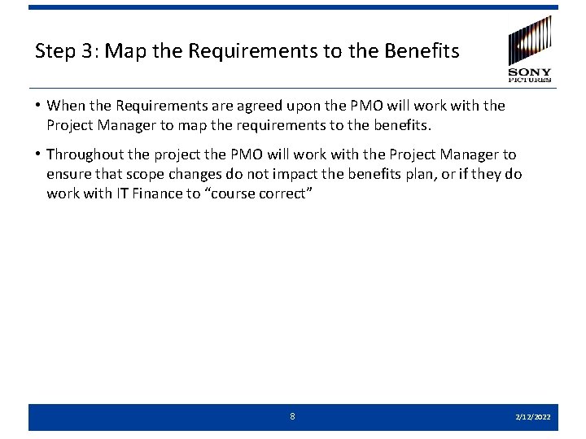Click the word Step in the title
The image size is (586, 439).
tap(54, 51)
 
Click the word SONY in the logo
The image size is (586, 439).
tap(530, 72)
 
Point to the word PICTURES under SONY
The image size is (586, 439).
tap(530, 80)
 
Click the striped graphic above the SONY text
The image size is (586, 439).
tap(530, 41)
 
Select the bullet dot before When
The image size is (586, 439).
tap(38, 106)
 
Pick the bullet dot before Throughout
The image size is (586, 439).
tap(38, 154)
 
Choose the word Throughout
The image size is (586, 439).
tap(85, 154)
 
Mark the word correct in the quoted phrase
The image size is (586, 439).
tap(295, 193)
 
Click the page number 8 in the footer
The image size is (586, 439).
tap(293, 416)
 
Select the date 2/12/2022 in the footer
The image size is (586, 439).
tap(532, 417)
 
